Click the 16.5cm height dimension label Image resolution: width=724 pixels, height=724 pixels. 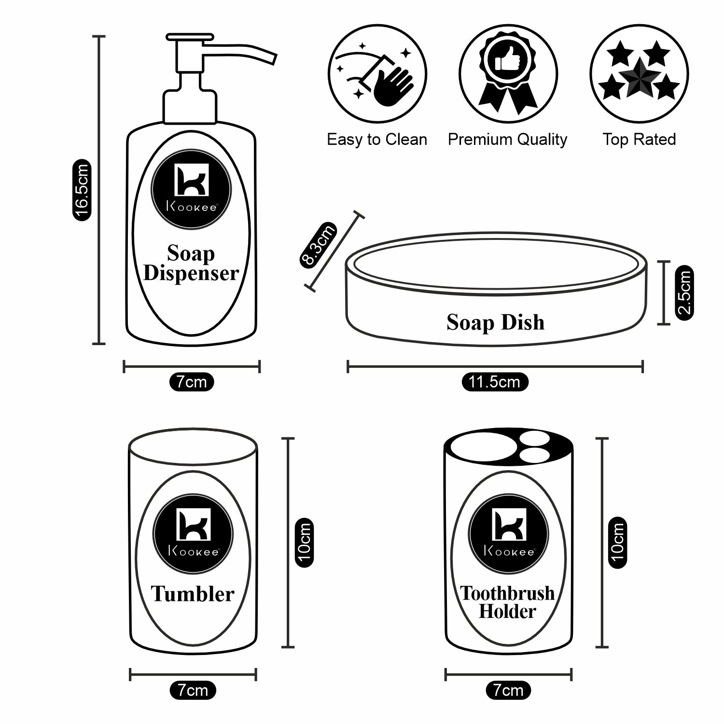tap(82, 190)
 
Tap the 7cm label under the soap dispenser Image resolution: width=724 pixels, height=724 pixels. tap(192, 382)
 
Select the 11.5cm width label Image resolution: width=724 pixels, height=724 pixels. tap(494, 382)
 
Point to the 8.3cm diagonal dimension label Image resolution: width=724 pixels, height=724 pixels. tap(318, 245)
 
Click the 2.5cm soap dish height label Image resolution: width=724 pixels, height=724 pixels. tap(684, 292)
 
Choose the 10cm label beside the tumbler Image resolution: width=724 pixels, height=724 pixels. tap(304, 543)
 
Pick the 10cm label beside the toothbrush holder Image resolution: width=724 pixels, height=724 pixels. tap(617, 543)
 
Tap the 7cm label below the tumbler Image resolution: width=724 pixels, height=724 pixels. tap(193, 691)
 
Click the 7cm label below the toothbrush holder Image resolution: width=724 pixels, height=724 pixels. tap(508, 691)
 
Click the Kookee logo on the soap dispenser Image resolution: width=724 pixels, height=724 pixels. tap(191, 189)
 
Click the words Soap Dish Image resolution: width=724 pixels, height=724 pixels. tap(495, 322)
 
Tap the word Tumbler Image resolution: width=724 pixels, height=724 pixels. tap(193, 594)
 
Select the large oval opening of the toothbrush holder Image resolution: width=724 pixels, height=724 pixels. tap(483, 447)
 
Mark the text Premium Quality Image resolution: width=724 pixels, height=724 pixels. tap(507, 139)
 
